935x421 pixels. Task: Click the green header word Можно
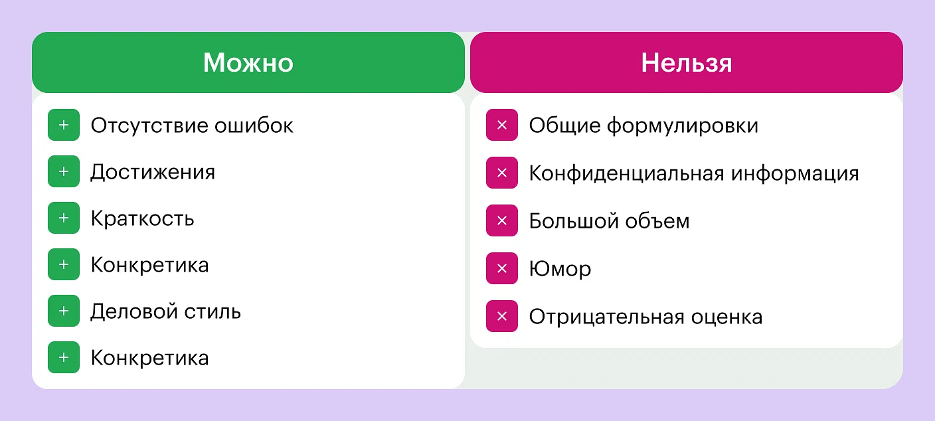(x=248, y=62)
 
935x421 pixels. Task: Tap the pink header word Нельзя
(x=687, y=62)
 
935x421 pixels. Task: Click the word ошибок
(x=254, y=126)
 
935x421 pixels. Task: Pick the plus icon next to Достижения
(x=64, y=171)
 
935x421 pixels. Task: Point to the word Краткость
(x=142, y=218)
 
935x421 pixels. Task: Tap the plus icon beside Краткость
(x=64, y=218)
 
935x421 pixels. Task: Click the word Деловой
(x=133, y=311)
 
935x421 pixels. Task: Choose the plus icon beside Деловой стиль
(x=64, y=311)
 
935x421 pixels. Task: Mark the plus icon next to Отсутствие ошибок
(x=64, y=125)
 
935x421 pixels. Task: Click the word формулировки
(x=683, y=126)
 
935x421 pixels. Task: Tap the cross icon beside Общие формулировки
(x=502, y=125)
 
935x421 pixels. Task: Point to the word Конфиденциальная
(x=626, y=173)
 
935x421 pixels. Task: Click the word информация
(x=795, y=173)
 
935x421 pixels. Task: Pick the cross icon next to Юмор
(x=502, y=268)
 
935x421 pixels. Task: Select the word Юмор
(x=560, y=269)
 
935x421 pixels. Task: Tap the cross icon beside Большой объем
(x=502, y=220)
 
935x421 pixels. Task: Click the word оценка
(x=726, y=317)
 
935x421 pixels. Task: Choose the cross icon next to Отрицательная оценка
(x=502, y=316)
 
